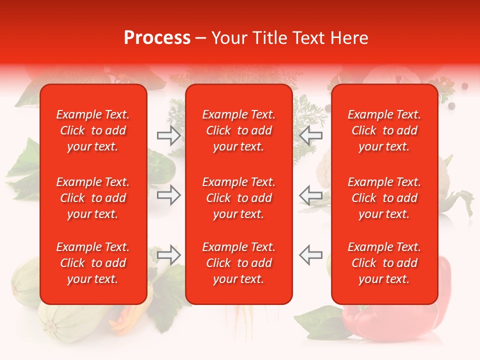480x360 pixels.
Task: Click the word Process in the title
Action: tap(157, 38)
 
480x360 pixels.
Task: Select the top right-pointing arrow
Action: tap(168, 135)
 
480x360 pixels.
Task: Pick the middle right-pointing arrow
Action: tap(168, 195)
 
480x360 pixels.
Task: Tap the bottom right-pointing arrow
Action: tap(168, 255)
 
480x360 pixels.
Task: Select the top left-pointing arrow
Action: tap(310, 135)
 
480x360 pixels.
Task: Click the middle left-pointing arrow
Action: tap(310, 195)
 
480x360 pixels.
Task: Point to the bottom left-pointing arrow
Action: tap(310, 255)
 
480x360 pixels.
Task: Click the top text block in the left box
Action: tap(93, 130)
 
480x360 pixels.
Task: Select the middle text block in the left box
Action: tap(93, 198)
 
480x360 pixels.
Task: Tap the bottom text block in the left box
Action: tap(93, 263)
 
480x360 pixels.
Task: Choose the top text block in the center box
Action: tap(239, 130)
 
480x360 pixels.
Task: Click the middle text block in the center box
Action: tap(239, 198)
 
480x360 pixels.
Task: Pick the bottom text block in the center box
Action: tap(239, 263)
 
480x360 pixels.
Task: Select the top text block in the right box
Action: tap(384, 130)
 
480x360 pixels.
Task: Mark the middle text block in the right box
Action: tap(384, 198)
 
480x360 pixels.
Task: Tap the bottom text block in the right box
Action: tap(384, 263)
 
